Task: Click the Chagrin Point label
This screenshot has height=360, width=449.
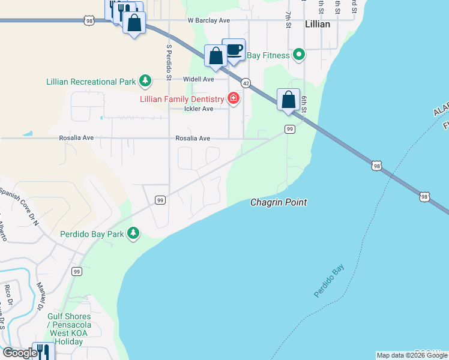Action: [x=279, y=203]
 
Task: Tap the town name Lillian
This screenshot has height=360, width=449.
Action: [x=318, y=24]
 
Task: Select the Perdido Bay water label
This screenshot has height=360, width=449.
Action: [x=330, y=281]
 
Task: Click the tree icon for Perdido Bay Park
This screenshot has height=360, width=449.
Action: [x=133, y=233]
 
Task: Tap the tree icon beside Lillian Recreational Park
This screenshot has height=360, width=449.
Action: [x=145, y=80]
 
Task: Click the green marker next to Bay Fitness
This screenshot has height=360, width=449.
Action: [x=299, y=56]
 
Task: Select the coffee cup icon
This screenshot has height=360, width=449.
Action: [x=234, y=50]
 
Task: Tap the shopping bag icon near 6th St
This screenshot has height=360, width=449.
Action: [x=288, y=99]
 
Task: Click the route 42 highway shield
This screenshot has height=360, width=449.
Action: [x=246, y=82]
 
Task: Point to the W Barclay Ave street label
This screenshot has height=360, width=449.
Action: [x=208, y=20]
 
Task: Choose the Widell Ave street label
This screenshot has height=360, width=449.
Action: [x=199, y=79]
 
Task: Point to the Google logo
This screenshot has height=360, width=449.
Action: [x=20, y=353]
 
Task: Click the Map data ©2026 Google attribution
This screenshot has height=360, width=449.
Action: [x=412, y=355]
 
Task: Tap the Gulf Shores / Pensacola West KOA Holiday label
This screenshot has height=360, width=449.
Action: [x=68, y=329]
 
